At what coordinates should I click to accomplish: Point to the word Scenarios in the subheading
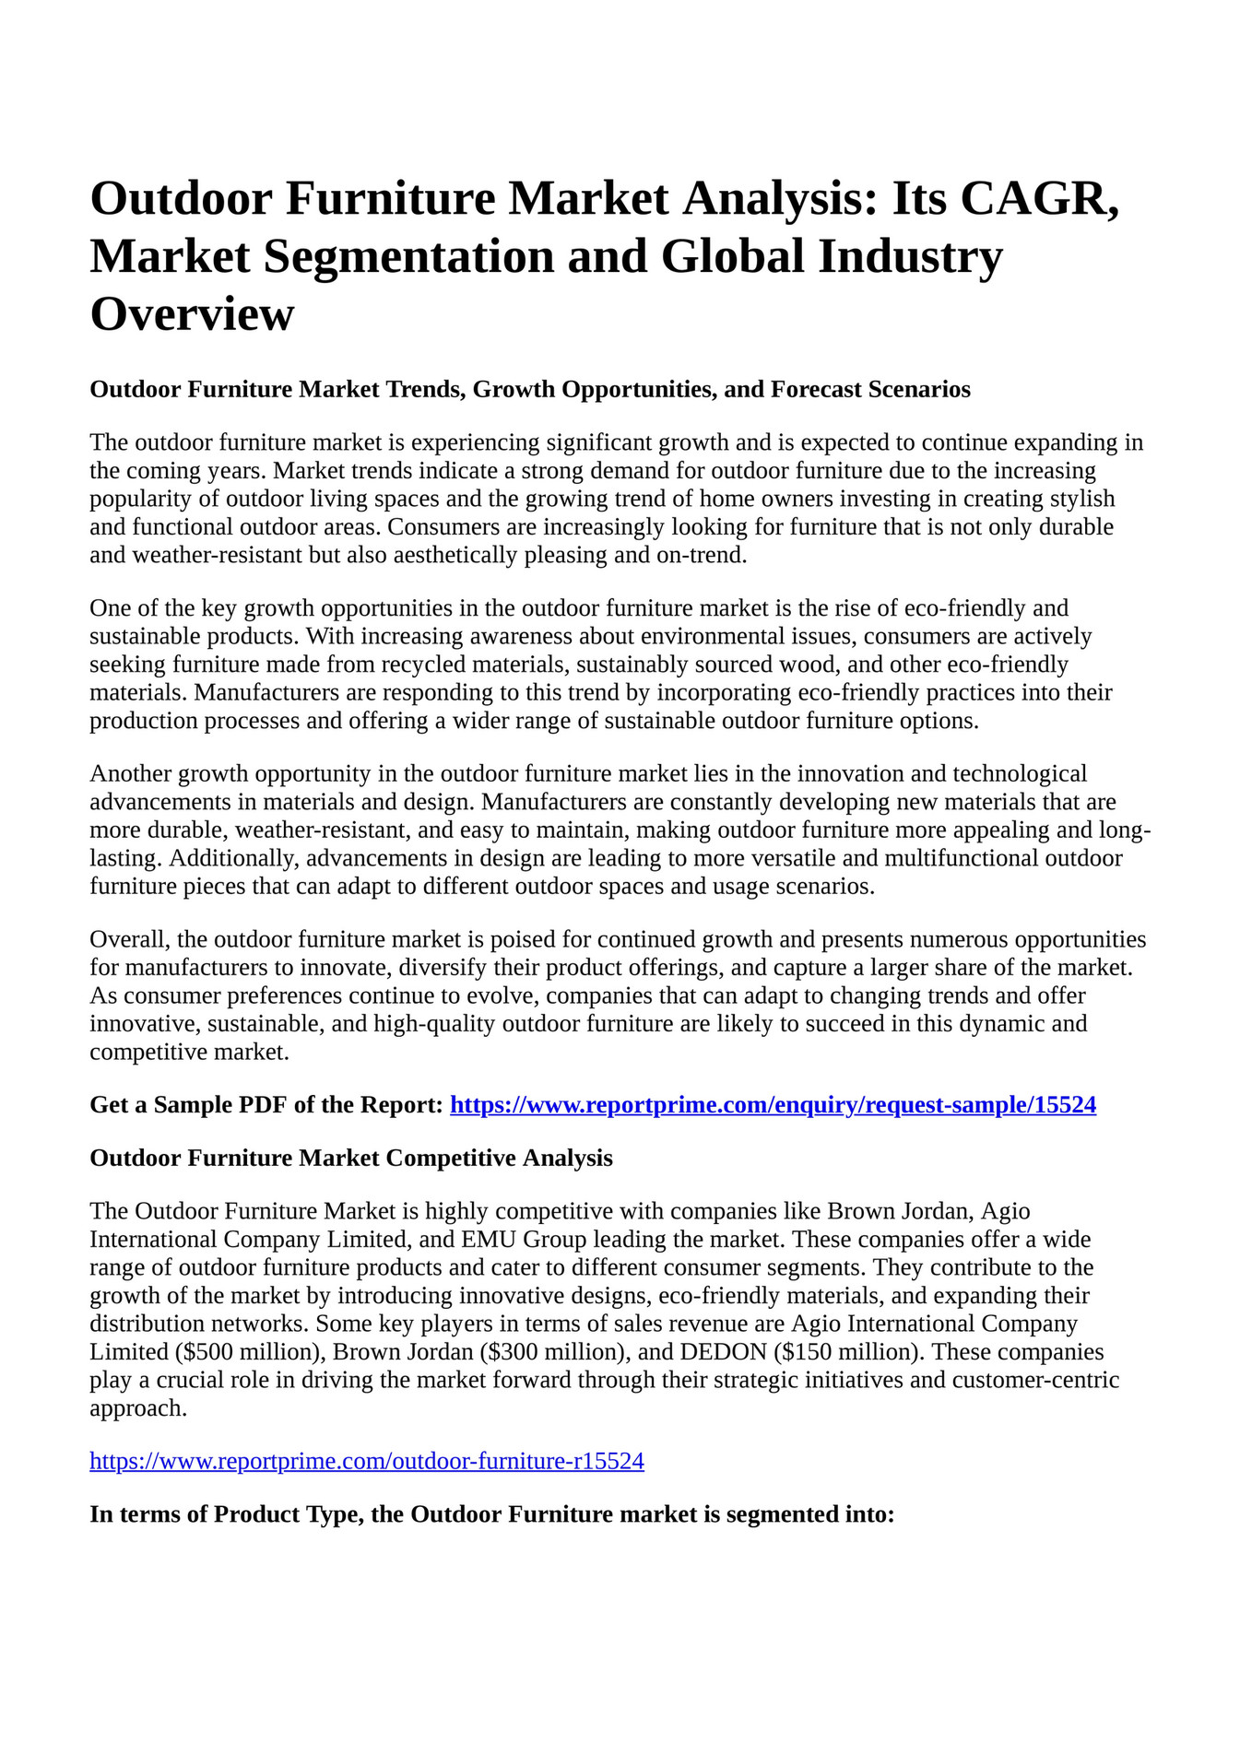click(919, 389)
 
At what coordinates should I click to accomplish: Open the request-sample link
click(773, 1104)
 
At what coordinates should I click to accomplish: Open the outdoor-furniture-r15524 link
click(366, 1461)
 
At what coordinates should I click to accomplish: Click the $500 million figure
click(244, 1352)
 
